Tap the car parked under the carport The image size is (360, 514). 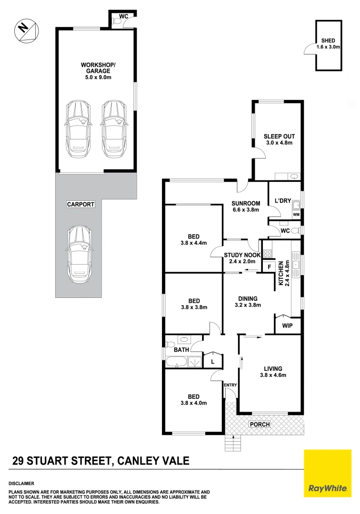pos(79,254)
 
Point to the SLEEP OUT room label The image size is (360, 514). pos(278,136)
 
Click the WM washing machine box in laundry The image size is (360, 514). pos(296,215)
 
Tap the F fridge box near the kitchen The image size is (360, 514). pos(269,267)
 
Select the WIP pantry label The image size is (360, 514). pos(288,326)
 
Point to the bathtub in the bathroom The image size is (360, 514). pos(177,364)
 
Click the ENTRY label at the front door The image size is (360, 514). pos(230,385)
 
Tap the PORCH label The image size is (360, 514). pos(260,425)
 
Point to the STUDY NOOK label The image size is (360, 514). pos(242,255)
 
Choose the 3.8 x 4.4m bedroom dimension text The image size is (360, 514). pos(193,243)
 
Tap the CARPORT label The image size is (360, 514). pos(80,204)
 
